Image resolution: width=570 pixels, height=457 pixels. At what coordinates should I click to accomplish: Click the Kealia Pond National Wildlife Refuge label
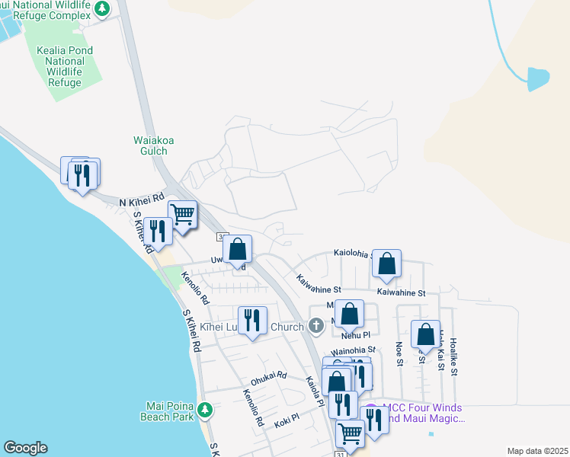(x=65, y=66)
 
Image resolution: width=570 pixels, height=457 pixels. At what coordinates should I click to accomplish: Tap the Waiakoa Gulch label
(x=154, y=145)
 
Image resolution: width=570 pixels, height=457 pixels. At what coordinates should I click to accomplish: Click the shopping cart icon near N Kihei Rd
(x=183, y=215)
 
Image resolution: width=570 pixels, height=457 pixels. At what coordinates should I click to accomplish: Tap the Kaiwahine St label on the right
(x=401, y=292)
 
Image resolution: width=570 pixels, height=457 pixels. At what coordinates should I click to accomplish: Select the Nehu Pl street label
(x=355, y=334)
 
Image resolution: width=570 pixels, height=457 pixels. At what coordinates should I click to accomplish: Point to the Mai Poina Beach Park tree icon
(x=204, y=411)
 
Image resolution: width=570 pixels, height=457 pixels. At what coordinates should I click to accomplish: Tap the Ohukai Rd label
(x=268, y=376)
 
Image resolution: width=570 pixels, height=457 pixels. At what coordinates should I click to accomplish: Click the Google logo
(x=24, y=448)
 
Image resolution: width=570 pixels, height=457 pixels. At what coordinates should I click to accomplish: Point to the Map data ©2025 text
(x=537, y=451)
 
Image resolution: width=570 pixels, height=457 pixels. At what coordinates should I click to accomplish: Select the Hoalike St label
(x=455, y=356)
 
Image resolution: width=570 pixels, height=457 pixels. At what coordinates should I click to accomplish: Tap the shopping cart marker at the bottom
(x=350, y=433)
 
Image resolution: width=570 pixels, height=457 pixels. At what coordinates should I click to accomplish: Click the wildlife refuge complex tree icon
(x=103, y=9)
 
